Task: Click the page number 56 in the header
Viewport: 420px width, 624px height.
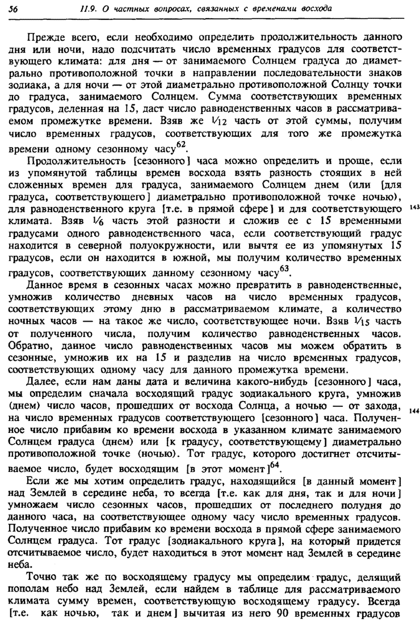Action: click(14, 9)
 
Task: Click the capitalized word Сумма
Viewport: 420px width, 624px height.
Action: click(225, 96)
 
